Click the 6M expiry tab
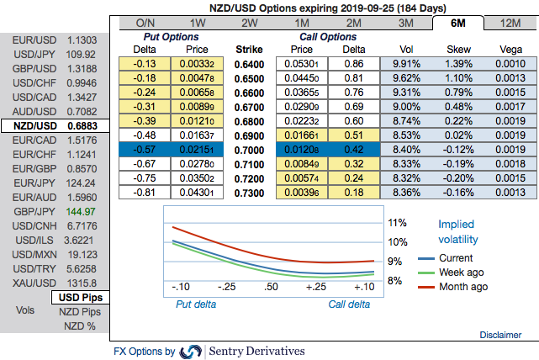[x=459, y=23]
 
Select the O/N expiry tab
[x=145, y=23]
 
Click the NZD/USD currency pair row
[x=54, y=124]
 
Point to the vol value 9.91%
[x=407, y=63]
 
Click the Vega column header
[x=512, y=50]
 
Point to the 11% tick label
[x=398, y=224]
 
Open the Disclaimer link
[x=500, y=335]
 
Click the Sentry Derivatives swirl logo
[x=191, y=351]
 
